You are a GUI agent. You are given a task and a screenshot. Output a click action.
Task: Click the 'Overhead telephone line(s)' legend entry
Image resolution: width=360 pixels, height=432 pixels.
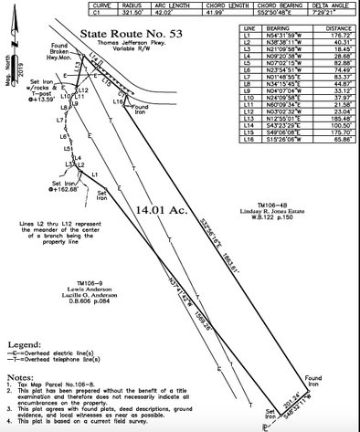(74, 362)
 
